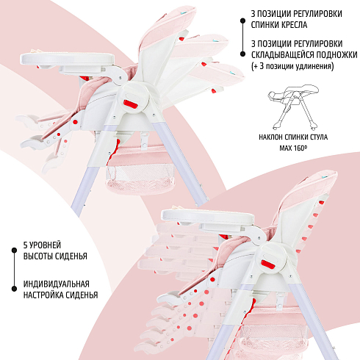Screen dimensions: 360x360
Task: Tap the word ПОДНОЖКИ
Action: pyautogui.click(x=336, y=55)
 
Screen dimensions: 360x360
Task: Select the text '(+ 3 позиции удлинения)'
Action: pyautogui.click(x=292, y=66)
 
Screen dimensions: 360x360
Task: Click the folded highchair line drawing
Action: pyautogui.click(x=293, y=107)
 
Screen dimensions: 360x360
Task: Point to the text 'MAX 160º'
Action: pyautogui.click(x=293, y=148)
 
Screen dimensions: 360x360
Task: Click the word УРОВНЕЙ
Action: pyautogui.click(x=45, y=245)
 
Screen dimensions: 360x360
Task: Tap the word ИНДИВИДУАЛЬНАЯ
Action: pyautogui.click(x=57, y=284)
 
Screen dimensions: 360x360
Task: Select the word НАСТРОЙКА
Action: pyautogui.click(x=42, y=295)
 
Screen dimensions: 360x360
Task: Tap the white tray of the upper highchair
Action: pyautogui.click(x=67, y=59)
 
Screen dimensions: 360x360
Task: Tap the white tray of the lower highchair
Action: pyautogui.click(x=207, y=215)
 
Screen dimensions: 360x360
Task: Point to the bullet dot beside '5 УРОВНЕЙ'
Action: pyautogui.click(x=14, y=251)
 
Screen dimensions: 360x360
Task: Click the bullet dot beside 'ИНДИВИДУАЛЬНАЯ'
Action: pyautogui.click(x=14, y=289)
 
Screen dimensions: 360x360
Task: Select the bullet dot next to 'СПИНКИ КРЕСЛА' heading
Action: pyautogui.click(x=242, y=21)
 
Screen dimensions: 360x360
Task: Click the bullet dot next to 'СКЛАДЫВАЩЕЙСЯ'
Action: pyautogui.click(x=242, y=54)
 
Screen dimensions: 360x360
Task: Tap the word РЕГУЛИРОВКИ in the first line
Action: pyautogui.click(x=318, y=14)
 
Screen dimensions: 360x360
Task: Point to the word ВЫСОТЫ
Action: pyautogui.click(x=38, y=256)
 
